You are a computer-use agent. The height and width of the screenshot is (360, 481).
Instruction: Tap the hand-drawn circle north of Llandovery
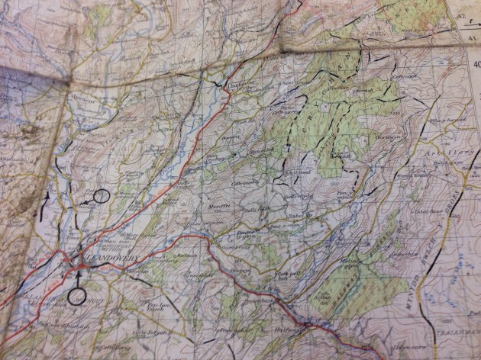(x=101, y=195)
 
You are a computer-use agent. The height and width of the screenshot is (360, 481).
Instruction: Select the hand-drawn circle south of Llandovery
(x=76, y=295)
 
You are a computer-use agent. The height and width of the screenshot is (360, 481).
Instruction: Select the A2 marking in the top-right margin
(x=461, y=15)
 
